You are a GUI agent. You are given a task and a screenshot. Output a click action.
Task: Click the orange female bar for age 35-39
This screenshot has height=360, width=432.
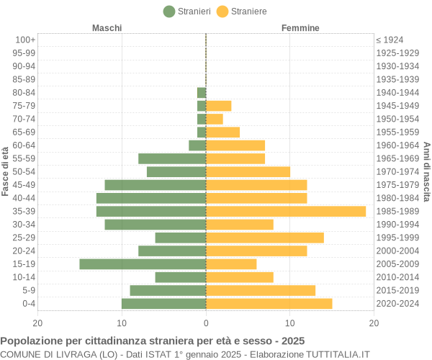(x=286, y=211)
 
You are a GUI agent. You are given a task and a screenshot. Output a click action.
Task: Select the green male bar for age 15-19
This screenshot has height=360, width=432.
(x=143, y=264)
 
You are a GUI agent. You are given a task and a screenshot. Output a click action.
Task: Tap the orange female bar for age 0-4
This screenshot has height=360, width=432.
(x=269, y=304)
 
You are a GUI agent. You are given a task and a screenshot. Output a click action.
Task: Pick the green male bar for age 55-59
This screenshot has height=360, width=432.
(x=172, y=158)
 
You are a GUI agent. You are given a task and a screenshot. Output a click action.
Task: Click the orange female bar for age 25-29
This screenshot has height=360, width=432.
(x=265, y=238)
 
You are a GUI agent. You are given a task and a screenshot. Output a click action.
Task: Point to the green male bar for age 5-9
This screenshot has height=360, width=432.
(x=168, y=290)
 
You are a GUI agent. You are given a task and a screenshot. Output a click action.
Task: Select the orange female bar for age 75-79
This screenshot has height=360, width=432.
(x=219, y=106)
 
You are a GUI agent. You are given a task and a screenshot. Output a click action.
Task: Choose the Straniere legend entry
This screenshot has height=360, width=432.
(x=242, y=11)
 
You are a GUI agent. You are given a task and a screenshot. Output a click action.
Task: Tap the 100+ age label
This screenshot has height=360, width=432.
(x=25, y=40)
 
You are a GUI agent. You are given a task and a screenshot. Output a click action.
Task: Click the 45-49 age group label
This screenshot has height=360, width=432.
(x=24, y=185)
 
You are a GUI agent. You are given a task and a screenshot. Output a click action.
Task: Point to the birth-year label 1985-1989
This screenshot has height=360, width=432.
(x=397, y=211)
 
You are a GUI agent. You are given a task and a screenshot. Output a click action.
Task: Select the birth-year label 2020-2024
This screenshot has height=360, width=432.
(x=397, y=304)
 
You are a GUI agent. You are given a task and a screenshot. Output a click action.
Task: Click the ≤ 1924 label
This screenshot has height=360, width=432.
(x=390, y=40)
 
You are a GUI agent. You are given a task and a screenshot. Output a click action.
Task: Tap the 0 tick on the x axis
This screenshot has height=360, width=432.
(x=206, y=323)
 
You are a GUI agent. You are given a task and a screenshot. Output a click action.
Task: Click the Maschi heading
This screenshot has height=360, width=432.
(x=107, y=28)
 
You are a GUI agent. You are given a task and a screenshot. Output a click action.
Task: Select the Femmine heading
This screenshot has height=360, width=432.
(x=301, y=28)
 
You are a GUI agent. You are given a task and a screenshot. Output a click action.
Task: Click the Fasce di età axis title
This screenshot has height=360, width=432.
(x=6, y=171)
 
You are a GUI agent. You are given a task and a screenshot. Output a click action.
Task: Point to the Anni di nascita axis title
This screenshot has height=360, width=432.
(x=426, y=171)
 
